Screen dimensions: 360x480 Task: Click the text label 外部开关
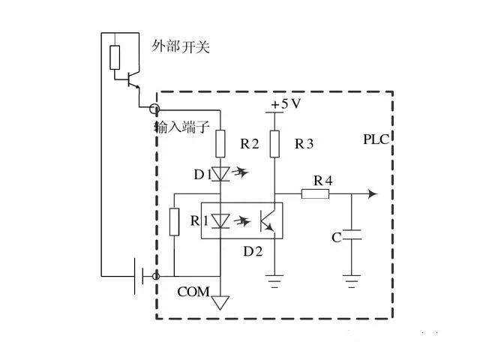point(180,47)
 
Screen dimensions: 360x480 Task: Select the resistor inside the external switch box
point(114,57)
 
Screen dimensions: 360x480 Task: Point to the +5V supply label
point(286,104)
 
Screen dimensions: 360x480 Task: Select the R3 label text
point(304,144)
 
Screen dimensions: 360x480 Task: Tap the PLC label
point(376,140)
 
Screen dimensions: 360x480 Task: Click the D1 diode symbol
point(220,174)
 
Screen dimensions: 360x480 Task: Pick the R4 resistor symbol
point(315,193)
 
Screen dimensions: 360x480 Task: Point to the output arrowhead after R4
point(372,193)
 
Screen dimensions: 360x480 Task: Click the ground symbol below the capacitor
point(351,283)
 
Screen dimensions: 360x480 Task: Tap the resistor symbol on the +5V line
point(275,142)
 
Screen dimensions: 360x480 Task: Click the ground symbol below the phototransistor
point(275,283)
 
